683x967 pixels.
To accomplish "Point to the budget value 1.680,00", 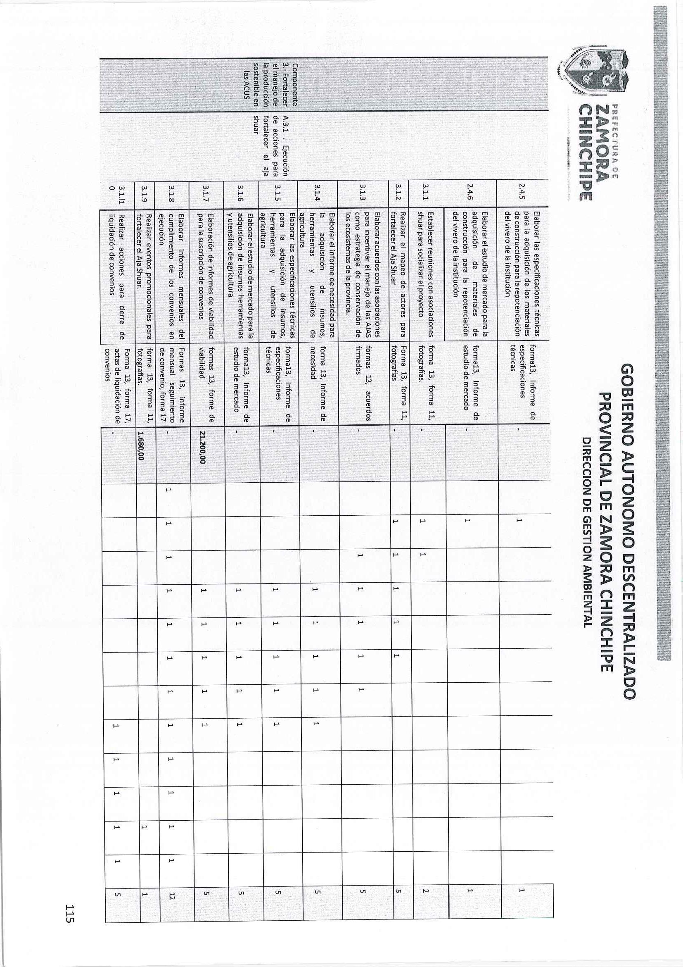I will point(142,447).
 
